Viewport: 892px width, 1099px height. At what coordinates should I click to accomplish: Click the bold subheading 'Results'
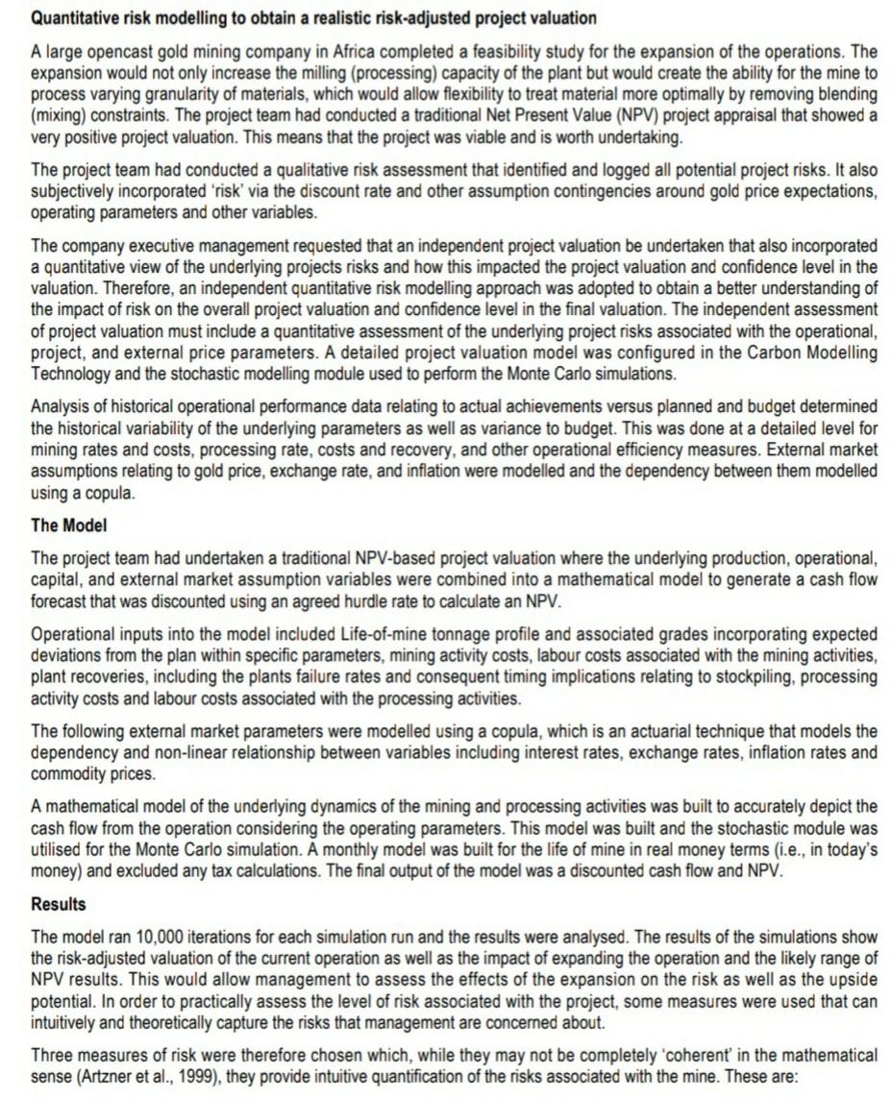pyautogui.click(x=59, y=904)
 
